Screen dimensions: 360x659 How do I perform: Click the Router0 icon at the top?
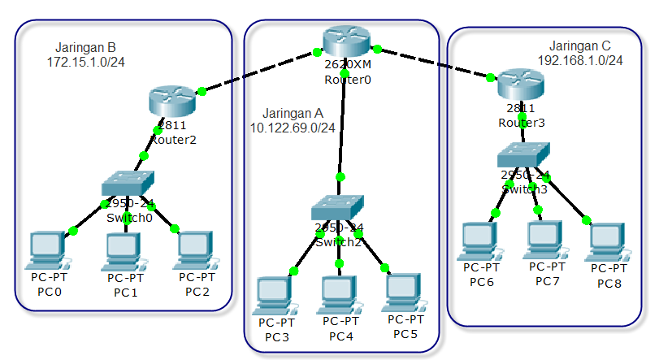click(x=345, y=41)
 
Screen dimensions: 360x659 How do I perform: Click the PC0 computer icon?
click(x=46, y=250)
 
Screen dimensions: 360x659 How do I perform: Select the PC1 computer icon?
click(x=123, y=251)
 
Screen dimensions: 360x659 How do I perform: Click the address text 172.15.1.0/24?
click(x=86, y=61)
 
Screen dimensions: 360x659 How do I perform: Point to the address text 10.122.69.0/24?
click(x=293, y=128)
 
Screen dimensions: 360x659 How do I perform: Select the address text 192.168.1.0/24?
click(x=580, y=60)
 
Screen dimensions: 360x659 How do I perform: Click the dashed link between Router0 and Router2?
click(x=258, y=73)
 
